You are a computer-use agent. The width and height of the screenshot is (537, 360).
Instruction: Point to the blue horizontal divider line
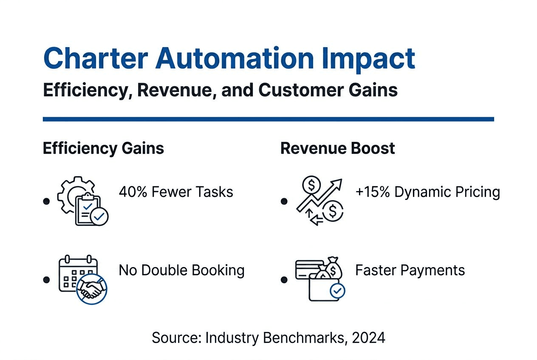tap(268, 119)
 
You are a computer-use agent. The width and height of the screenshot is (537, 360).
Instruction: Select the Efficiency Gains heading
tap(103, 149)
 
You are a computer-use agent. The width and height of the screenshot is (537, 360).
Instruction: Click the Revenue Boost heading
tap(338, 149)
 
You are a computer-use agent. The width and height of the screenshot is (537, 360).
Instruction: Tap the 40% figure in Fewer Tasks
tap(133, 192)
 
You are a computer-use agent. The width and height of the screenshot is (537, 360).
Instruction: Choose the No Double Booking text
tap(181, 270)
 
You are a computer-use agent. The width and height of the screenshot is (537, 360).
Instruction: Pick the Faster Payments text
tap(410, 270)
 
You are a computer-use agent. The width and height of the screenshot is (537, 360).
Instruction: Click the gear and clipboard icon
tap(83, 202)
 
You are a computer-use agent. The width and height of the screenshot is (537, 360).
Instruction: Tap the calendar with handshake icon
tap(82, 279)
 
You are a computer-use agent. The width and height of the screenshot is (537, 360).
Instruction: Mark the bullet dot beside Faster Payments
tap(284, 280)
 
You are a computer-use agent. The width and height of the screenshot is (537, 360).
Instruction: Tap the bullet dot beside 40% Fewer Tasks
tap(46, 201)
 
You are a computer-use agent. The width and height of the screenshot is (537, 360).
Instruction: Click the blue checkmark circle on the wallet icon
tap(337, 291)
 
